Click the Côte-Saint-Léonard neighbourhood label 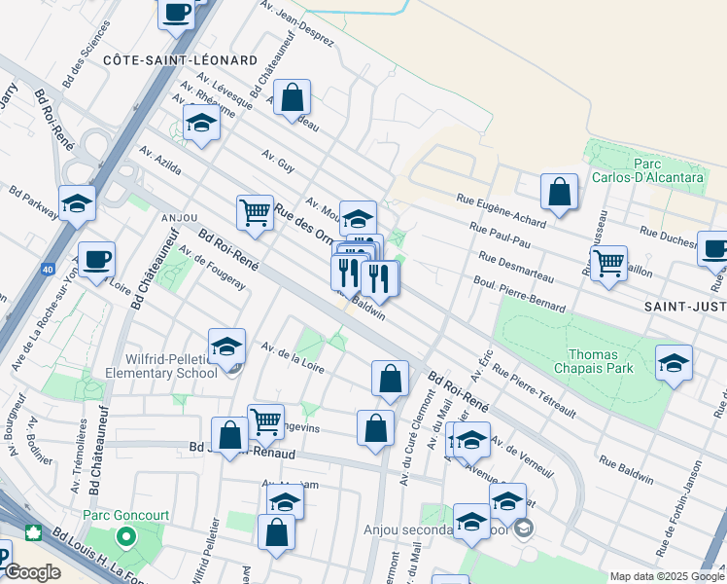(x=180, y=60)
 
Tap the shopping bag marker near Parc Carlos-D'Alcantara (x=559, y=193)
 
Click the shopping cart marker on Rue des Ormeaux (x=255, y=210)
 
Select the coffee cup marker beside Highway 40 (x=97, y=260)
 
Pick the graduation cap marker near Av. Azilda (x=201, y=124)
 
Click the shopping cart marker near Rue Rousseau (x=608, y=261)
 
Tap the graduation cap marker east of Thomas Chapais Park (x=674, y=363)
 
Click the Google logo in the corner (x=32, y=572)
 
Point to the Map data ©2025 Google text (x=667, y=576)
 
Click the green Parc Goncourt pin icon (x=125, y=537)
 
